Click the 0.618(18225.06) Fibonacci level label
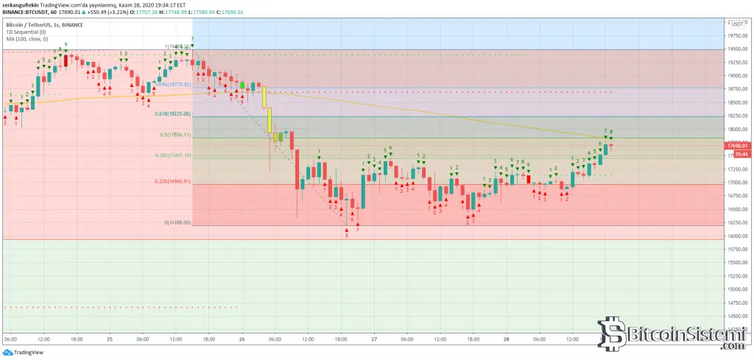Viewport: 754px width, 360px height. [172, 114]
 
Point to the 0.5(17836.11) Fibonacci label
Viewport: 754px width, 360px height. [175, 135]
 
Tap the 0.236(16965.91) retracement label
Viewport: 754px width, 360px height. [173, 181]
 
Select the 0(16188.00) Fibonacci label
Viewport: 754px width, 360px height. [177, 222]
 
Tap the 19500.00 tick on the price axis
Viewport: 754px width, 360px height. [738, 49]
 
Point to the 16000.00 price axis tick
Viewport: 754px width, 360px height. [738, 236]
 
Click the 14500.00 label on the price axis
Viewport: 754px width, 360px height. [738, 317]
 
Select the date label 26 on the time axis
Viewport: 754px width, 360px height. [242, 339]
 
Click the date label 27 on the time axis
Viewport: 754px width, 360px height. [374, 339]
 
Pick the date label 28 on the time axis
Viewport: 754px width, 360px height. [507, 339]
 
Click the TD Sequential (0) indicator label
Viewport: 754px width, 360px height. [26, 32]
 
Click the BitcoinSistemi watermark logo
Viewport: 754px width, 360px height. [670, 335]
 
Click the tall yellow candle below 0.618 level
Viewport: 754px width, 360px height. [270, 120]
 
